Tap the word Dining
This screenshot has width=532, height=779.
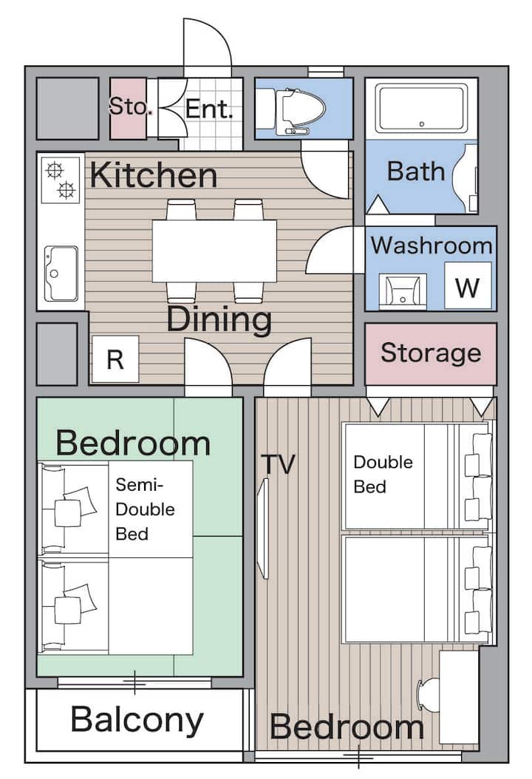(x=219, y=319)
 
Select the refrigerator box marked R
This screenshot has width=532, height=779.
(x=115, y=359)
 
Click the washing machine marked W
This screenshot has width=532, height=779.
(x=468, y=286)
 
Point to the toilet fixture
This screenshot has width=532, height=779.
(x=293, y=112)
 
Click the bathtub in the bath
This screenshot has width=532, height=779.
(x=421, y=109)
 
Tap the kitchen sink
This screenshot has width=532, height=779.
(x=61, y=273)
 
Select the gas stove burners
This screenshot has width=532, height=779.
(x=61, y=180)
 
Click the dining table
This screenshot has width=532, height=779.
(x=214, y=251)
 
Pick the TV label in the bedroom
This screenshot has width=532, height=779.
(x=278, y=464)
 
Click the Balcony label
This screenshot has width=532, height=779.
(x=137, y=720)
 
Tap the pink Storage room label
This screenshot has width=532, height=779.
(x=431, y=353)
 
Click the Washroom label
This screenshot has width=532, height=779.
(x=432, y=245)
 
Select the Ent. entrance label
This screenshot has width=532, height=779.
(x=209, y=109)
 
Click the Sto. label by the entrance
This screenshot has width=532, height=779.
(x=128, y=106)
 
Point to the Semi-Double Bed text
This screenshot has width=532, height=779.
(x=145, y=509)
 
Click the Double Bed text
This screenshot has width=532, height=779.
(x=383, y=474)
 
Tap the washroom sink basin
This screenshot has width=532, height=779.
(x=403, y=292)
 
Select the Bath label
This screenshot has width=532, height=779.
(x=416, y=171)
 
